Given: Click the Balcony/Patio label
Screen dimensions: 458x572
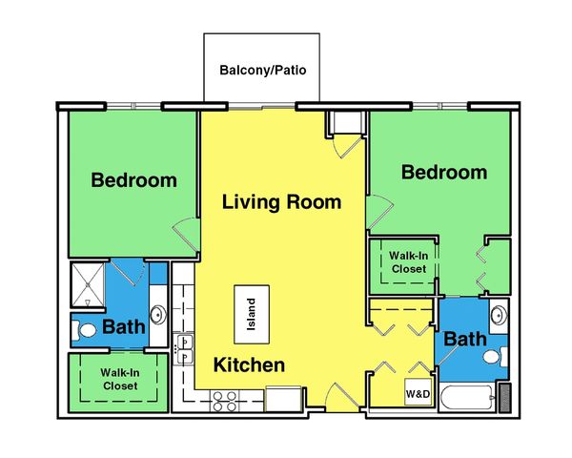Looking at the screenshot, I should tap(262, 71).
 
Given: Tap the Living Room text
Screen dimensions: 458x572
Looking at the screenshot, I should tap(281, 202).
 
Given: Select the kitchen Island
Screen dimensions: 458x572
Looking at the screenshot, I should tap(253, 311).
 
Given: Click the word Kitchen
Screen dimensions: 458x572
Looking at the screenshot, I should tap(249, 364).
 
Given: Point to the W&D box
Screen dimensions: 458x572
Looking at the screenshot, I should tap(417, 393).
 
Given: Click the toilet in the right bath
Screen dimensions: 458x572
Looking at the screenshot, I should tap(493, 356).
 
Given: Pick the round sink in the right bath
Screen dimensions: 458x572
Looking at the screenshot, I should tap(498, 314).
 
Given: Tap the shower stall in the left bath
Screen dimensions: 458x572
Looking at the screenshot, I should tap(88, 283).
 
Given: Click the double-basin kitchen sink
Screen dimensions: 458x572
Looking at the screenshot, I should tap(184, 347).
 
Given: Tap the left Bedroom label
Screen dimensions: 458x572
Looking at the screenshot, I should tap(133, 180).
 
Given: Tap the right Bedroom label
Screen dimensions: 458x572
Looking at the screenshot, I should tap(443, 173).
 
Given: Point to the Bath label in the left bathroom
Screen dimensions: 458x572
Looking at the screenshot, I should tap(124, 327).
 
